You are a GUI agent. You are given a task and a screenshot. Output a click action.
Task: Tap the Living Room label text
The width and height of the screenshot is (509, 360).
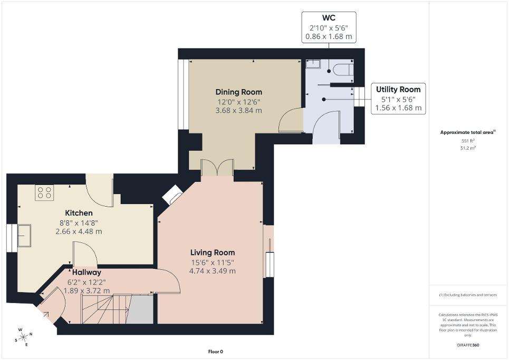pos(212,252)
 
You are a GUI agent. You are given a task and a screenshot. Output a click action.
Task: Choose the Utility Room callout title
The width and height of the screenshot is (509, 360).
pos(398,90)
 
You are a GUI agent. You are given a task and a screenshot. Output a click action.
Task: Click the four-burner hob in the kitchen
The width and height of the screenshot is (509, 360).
pos(44,193)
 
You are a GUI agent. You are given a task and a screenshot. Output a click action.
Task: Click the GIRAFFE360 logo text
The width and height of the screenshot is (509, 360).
pos(468,345)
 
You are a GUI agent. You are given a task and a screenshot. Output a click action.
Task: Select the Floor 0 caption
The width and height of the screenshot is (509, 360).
pos(216,352)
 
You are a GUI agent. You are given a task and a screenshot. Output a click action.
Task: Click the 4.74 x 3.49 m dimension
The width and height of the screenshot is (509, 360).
pos(212,271)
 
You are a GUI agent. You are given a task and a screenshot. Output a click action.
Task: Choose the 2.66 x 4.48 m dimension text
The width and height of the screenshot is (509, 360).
pos(79,231)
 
